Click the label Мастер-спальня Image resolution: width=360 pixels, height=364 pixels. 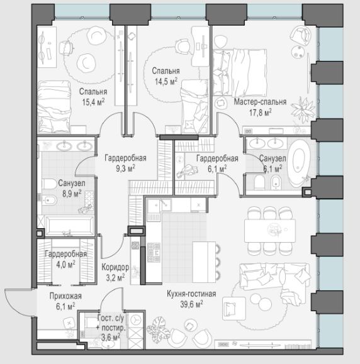(260, 102)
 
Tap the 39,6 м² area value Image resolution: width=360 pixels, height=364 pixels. (191, 304)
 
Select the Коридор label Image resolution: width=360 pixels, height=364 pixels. (115, 267)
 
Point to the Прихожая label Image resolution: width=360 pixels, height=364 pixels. (65, 296)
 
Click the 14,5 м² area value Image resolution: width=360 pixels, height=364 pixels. (166, 81)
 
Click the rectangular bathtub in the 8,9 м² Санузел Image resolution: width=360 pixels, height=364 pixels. (70, 226)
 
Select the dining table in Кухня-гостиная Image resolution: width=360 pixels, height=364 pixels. (270, 231)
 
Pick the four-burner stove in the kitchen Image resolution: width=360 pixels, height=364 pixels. (154, 252)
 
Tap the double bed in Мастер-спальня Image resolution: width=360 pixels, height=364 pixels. (240, 72)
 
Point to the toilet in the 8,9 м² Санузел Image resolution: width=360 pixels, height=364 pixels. (49, 184)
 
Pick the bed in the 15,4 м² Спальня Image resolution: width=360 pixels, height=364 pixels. (54, 107)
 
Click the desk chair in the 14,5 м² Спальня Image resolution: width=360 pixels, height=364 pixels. (183, 47)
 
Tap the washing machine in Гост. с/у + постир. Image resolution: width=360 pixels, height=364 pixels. (135, 321)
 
